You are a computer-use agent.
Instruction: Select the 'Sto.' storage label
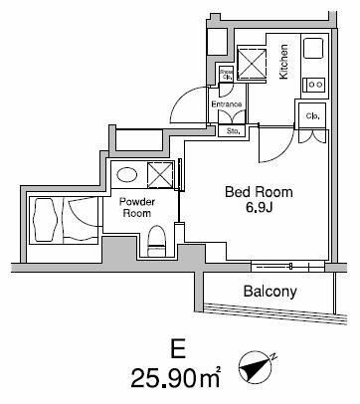coord(234,129)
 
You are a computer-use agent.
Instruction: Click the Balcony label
coord(272,292)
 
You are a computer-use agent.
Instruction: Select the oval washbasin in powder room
coord(126,174)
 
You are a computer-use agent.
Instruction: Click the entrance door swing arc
coord(182,100)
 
